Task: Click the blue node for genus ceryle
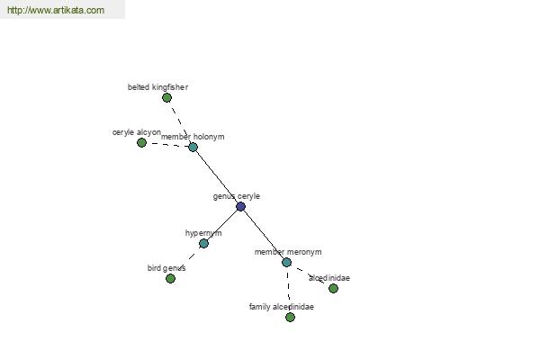tap(240, 207)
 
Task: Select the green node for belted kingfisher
tap(166, 98)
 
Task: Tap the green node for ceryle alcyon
tap(141, 142)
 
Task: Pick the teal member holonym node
tap(193, 147)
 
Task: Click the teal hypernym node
tap(203, 244)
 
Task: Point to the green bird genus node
tap(170, 279)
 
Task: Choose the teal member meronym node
tap(286, 263)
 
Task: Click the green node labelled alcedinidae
tap(333, 288)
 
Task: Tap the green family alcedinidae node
tap(291, 318)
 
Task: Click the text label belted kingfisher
tap(157, 87)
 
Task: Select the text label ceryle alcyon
tap(137, 132)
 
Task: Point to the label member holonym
tap(193, 137)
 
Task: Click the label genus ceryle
tap(236, 196)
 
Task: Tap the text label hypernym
tap(203, 233)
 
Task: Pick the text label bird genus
tap(166, 268)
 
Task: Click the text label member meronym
tap(288, 252)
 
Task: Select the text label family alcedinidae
tap(282, 307)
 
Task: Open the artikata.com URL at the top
tap(56, 10)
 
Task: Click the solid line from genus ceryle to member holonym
tap(217, 177)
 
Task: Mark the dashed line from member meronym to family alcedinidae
tap(289, 290)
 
